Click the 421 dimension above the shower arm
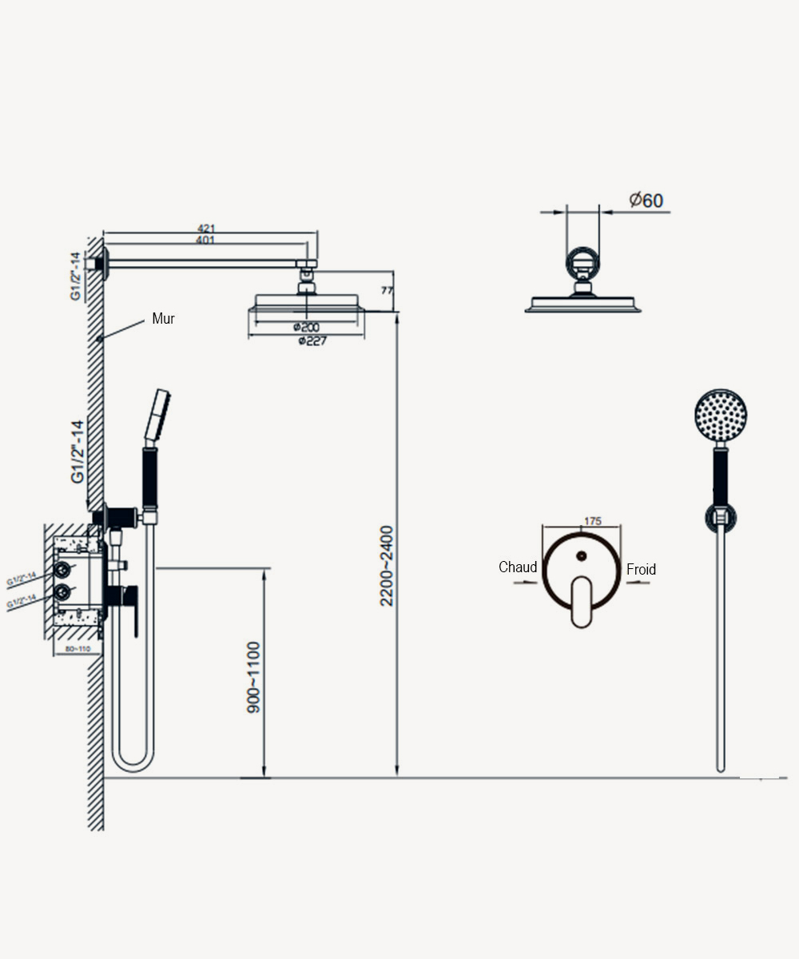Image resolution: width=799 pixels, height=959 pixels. pos(207,229)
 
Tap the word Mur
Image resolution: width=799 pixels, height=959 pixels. pos(163,319)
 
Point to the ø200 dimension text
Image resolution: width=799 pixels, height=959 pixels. pos(306,328)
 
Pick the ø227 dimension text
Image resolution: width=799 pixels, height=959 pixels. pos(310,340)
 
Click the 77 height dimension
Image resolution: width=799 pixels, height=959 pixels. pos(387,291)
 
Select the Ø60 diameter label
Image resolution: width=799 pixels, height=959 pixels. pos(646,200)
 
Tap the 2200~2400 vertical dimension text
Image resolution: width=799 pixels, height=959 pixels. pos(387,565)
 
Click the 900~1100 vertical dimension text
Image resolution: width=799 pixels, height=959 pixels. pos(254,677)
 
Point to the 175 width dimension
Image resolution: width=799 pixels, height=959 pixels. pos(592,521)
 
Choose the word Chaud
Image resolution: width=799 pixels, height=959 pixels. pos(518,567)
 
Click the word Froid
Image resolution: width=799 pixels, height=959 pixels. pos(641,569)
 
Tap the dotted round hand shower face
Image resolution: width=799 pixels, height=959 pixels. pos(721,415)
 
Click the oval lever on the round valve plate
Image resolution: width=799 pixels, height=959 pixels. pos(582,602)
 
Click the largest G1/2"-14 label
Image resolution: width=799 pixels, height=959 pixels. pos(78,452)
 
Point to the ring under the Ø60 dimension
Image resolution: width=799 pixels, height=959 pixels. pos(582,261)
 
